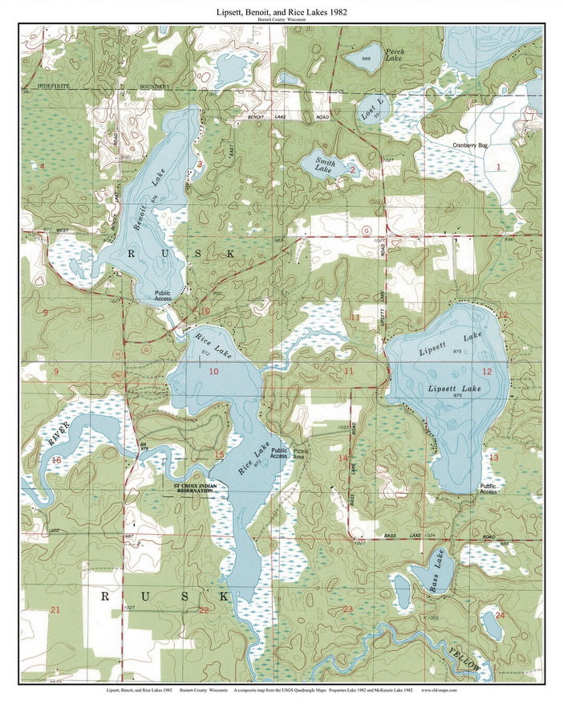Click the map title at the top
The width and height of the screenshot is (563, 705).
click(281, 11)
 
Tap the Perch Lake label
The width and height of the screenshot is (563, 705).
click(394, 55)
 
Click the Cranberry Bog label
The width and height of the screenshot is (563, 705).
click(470, 146)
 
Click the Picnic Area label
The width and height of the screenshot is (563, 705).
click(301, 453)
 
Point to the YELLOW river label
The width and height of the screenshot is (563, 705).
click(463, 659)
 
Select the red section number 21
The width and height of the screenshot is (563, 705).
click(55, 610)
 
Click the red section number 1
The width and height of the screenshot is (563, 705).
click(498, 167)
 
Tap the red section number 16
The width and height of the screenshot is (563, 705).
click(56, 460)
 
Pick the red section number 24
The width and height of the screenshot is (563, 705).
click(500, 615)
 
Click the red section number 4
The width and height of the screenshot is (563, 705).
click(42, 166)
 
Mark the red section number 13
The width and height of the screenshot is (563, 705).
click(494, 457)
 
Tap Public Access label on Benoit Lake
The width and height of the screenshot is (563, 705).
click(163, 296)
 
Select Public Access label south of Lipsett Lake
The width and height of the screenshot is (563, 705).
click(488, 488)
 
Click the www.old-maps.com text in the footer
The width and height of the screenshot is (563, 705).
click(439, 690)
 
